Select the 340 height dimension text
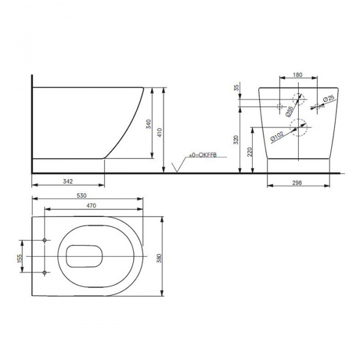coord(148,124)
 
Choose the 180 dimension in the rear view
coord(298,76)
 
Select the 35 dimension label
coord(236,88)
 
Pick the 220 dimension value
coord(250,149)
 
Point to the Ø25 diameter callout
coord(329,100)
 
